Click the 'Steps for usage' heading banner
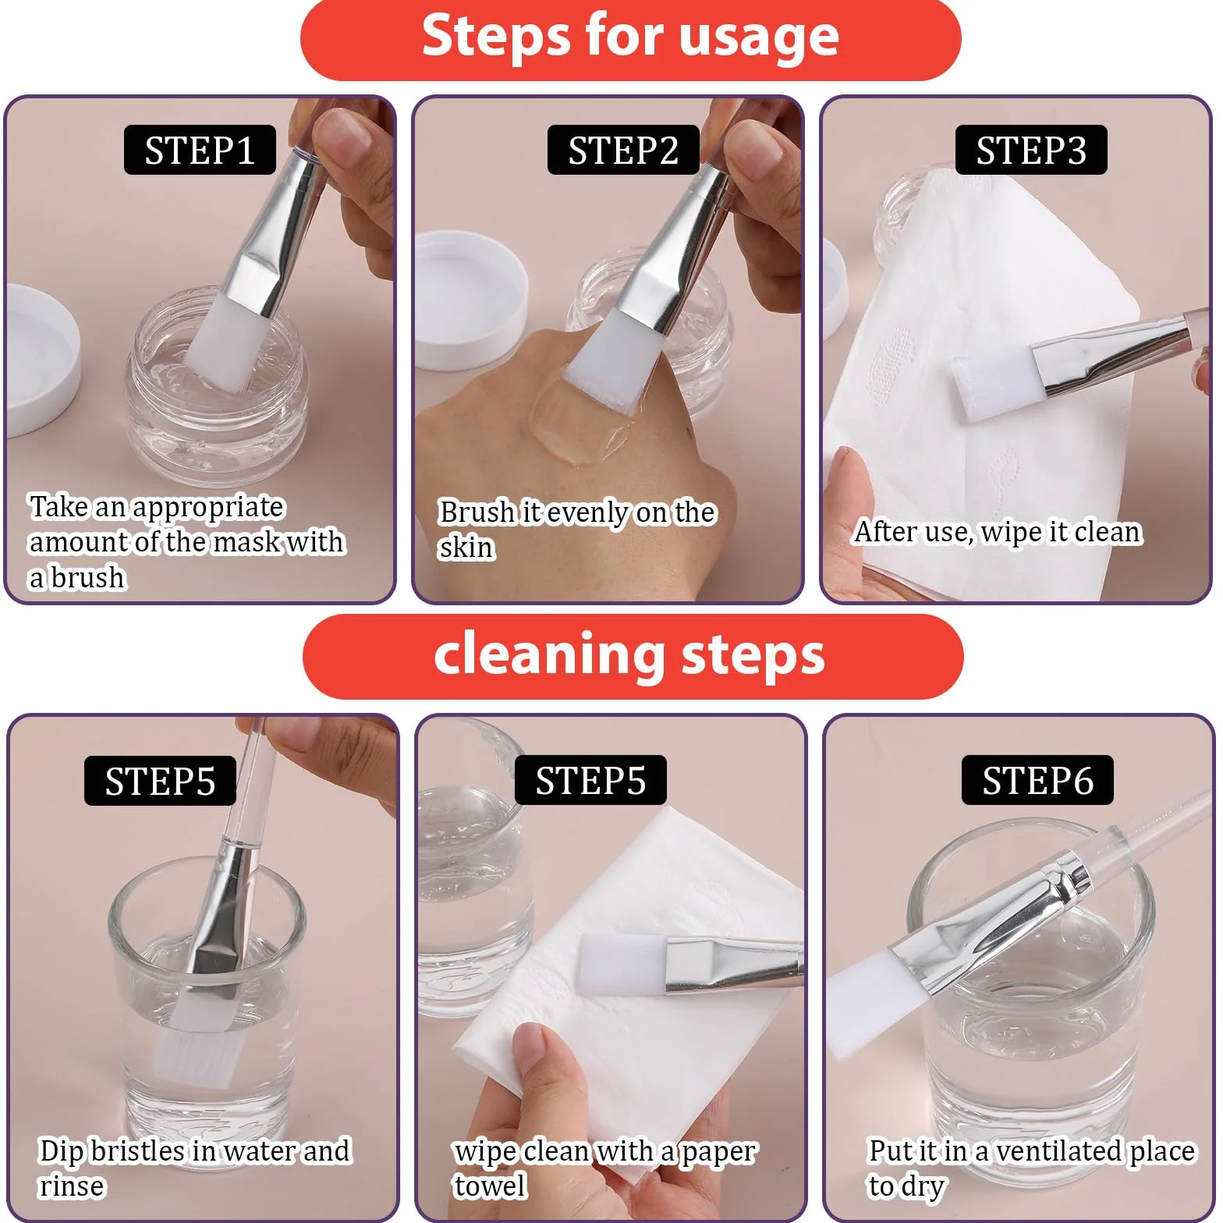tap(630, 39)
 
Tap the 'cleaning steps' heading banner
tap(633, 656)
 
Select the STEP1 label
tap(200, 150)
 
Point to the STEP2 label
tap(623, 150)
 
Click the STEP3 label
tap(1031, 150)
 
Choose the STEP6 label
tap(1037, 780)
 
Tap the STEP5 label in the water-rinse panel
tap(160, 780)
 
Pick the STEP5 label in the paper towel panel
tap(590, 780)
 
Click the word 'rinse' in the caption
tap(72, 1186)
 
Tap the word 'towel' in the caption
tap(491, 1186)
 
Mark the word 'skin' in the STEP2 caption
tap(466, 548)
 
